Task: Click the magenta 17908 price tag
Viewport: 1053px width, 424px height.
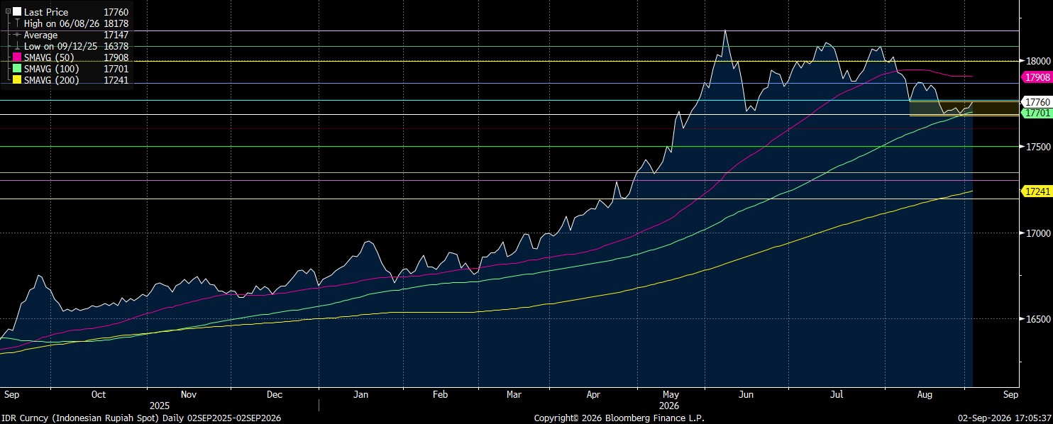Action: tap(1037, 77)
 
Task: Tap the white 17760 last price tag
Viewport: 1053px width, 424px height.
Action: tap(1037, 102)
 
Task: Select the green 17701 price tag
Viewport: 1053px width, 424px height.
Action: tap(1037, 113)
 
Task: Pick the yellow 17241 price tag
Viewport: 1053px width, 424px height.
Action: tap(1037, 191)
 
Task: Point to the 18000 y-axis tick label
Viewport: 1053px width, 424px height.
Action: tap(1038, 61)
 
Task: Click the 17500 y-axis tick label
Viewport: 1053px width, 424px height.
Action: tap(1038, 147)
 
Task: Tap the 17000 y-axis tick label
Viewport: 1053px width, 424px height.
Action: tap(1038, 233)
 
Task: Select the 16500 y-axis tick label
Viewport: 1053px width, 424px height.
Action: tap(1038, 319)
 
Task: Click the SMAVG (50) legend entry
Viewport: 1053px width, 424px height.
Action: tap(49, 57)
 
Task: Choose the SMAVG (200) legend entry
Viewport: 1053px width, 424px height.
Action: tap(51, 80)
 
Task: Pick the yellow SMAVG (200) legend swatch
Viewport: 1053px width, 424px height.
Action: tap(17, 80)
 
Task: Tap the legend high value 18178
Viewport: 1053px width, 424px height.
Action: tap(116, 23)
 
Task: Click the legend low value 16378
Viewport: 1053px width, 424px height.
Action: tap(116, 46)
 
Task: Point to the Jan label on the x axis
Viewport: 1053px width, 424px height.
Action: tap(360, 394)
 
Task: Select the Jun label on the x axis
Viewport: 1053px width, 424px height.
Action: tap(746, 394)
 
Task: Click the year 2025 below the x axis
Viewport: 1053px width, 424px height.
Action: tap(160, 406)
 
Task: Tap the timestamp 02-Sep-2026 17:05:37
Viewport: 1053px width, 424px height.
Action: tap(1005, 418)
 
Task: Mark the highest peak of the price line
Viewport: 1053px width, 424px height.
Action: tap(725, 30)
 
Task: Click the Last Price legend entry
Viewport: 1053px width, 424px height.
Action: tap(46, 12)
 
